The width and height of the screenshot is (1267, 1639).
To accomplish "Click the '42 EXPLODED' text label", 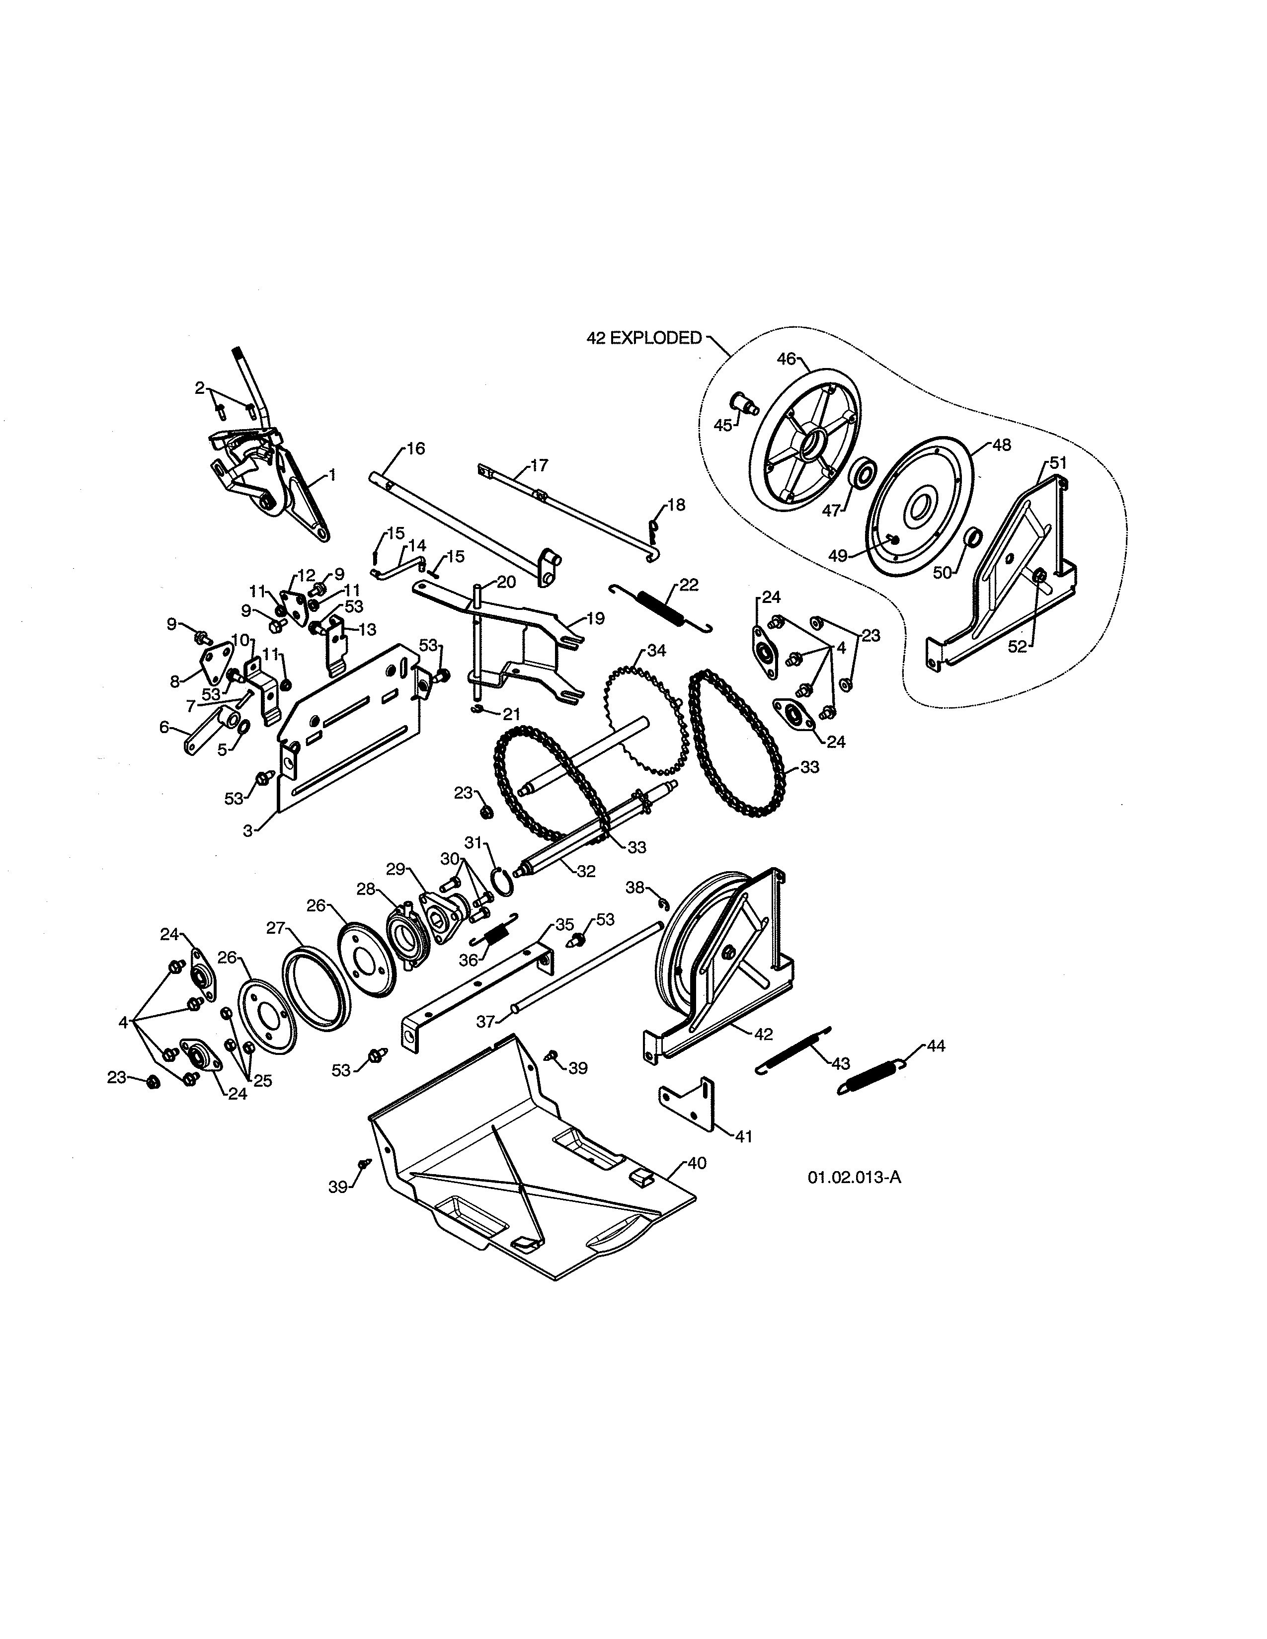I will click(x=643, y=338).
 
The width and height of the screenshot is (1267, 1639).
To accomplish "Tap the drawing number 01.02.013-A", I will click(x=854, y=1177).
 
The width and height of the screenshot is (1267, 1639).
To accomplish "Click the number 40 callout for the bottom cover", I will click(x=697, y=1163).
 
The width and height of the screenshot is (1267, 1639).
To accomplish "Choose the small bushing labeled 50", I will click(x=973, y=537).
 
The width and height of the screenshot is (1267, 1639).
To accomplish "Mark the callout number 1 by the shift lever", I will click(x=332, y=475).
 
